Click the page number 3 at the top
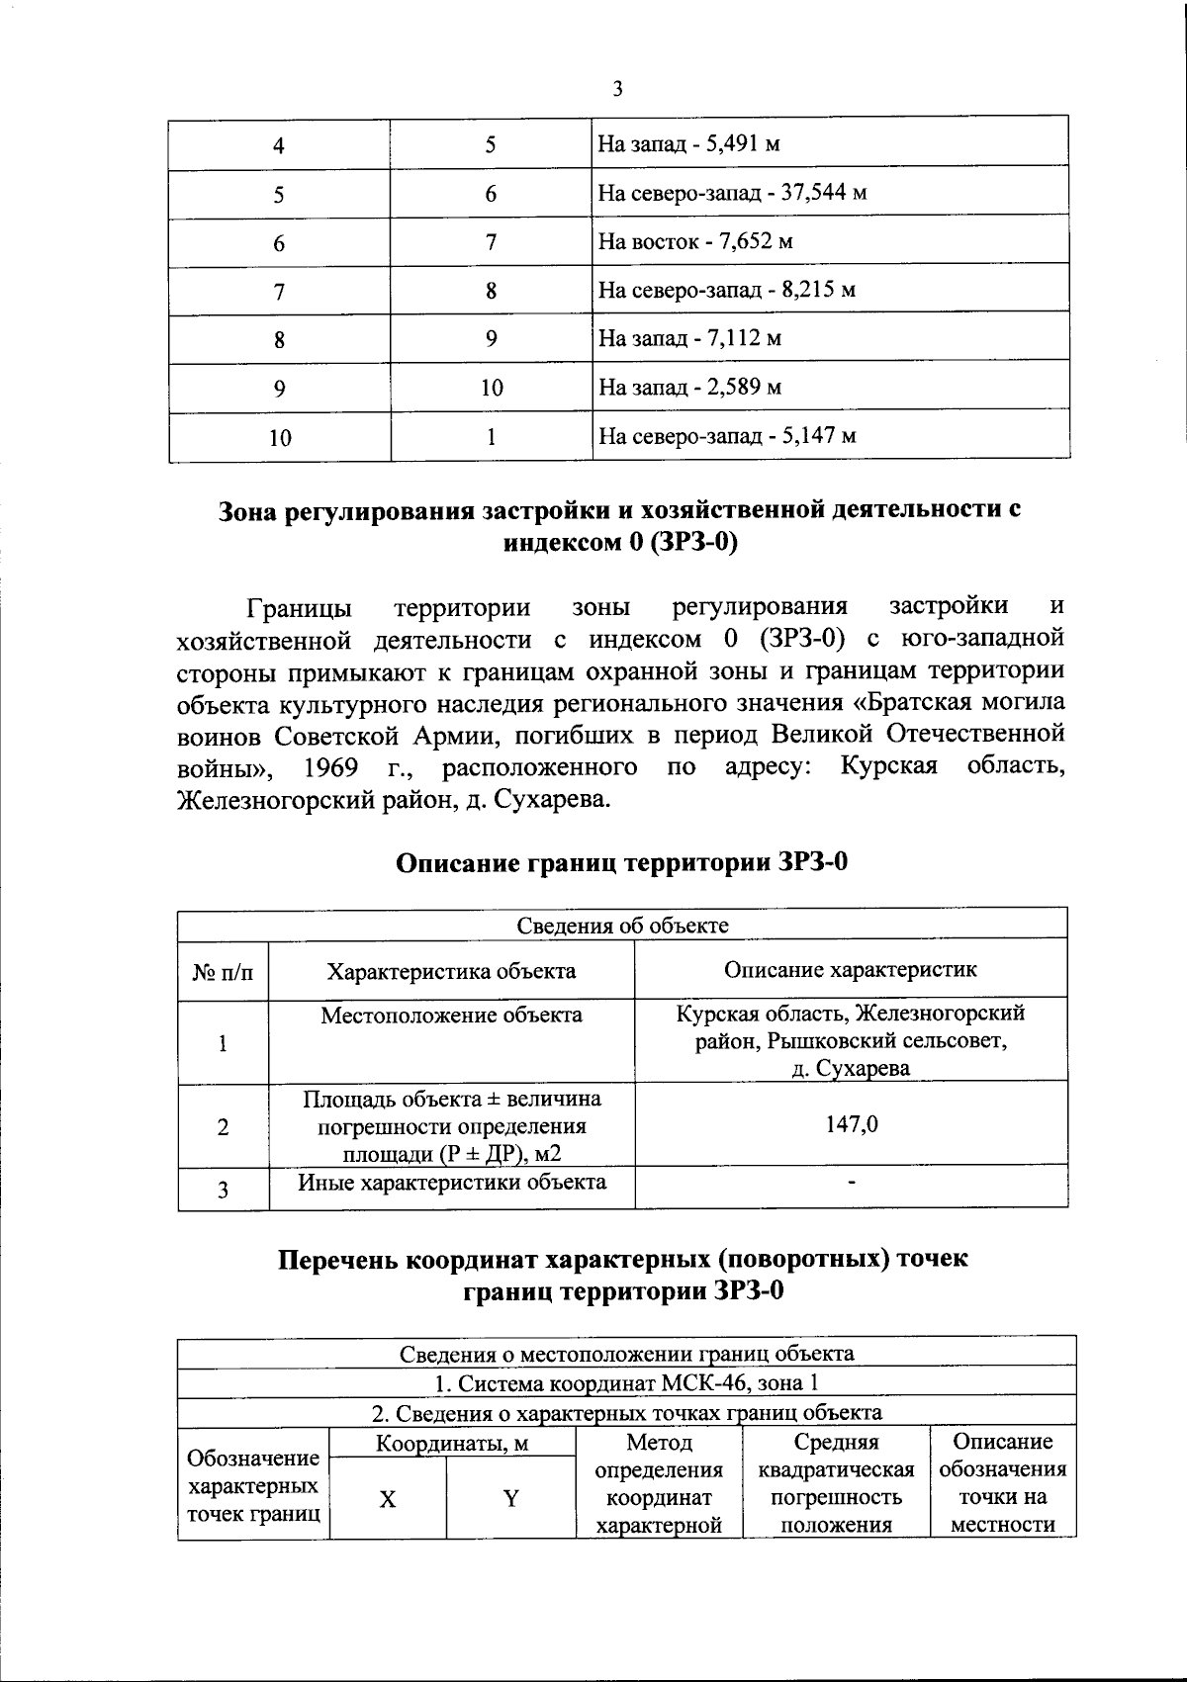pos(617,90)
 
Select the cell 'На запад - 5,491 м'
pos(689,145)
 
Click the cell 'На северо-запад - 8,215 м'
pos(727,291)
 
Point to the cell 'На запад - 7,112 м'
pos(689,339)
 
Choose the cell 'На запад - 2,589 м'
pos(689,388)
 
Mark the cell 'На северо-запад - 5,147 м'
pos(727,436)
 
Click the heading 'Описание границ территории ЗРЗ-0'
pos(622,862)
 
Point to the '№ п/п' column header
pos(223,971)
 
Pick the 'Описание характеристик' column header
pos(851,969)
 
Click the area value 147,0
pos(852,1124)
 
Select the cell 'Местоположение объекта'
pos(451,1016)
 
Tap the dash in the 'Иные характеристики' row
pos(852,1182)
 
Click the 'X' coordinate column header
pos(388,1499)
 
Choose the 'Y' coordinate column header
pos(510,1499)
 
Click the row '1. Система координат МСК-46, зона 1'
pos(627,1381)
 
